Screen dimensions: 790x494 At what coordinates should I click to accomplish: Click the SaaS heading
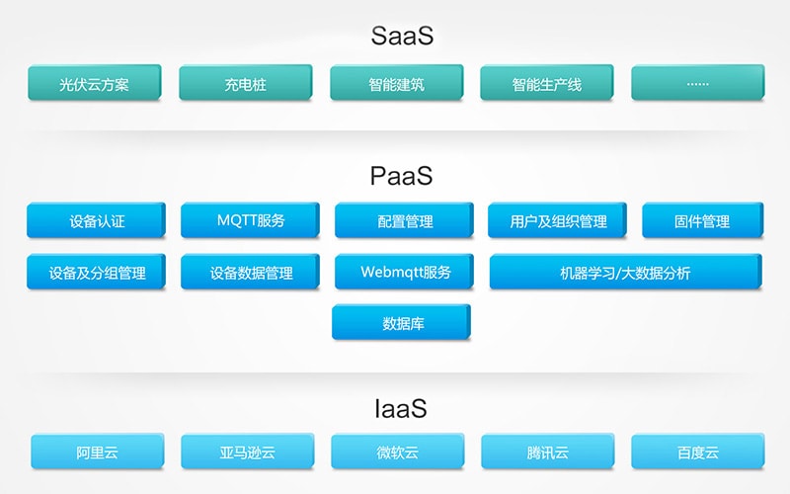click(x=402, y=36)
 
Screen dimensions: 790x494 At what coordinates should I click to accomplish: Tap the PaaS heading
click(x=402, y=176)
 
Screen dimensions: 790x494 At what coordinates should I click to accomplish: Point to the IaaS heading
click(x=401, y=408)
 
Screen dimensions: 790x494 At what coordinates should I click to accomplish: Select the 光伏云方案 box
click(x=95, y=82)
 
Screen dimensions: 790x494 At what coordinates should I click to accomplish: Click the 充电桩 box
click(x=245, y=82)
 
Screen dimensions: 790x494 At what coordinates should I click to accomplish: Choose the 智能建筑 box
click(x=397, y=82)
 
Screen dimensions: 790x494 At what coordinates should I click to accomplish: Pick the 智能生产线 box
click(x=547, y=82)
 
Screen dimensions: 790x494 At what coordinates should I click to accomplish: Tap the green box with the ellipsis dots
click(x=698, y=82)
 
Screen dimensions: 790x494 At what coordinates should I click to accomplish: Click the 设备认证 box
click(x=96, y=219)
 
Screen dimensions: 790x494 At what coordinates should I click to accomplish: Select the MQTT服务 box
click(x=251, y=219)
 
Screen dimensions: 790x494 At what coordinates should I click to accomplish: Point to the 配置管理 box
click(x=404, y=219)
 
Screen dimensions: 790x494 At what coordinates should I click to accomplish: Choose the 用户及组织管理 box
click(x=557, y=219)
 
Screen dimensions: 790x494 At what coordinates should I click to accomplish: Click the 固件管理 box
click(x=703, y=219)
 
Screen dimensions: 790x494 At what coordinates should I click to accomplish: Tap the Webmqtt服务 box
click(x=404, y=271)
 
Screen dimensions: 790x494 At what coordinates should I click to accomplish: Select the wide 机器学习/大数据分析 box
click(x=626, y=271)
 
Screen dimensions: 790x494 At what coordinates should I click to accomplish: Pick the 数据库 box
click(x=401, y=322)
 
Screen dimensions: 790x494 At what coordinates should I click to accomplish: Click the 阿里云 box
click(x=98, y=452)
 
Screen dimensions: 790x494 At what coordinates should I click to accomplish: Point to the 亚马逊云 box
click(x=248, y=452)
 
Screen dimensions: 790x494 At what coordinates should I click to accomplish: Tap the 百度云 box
click(x=698, y=452)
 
